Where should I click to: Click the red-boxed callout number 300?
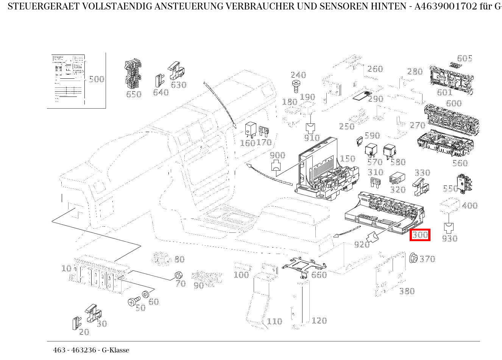420,235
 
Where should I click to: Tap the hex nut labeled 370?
413,258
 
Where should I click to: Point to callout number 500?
96,79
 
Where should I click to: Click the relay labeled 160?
250,129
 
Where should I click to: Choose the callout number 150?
348,159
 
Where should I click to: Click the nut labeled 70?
177,275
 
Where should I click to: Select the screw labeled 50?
134,301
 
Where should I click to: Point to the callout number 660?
319,275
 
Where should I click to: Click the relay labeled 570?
370,150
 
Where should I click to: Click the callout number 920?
362,245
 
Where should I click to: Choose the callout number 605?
465,58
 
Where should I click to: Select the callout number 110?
274,321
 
